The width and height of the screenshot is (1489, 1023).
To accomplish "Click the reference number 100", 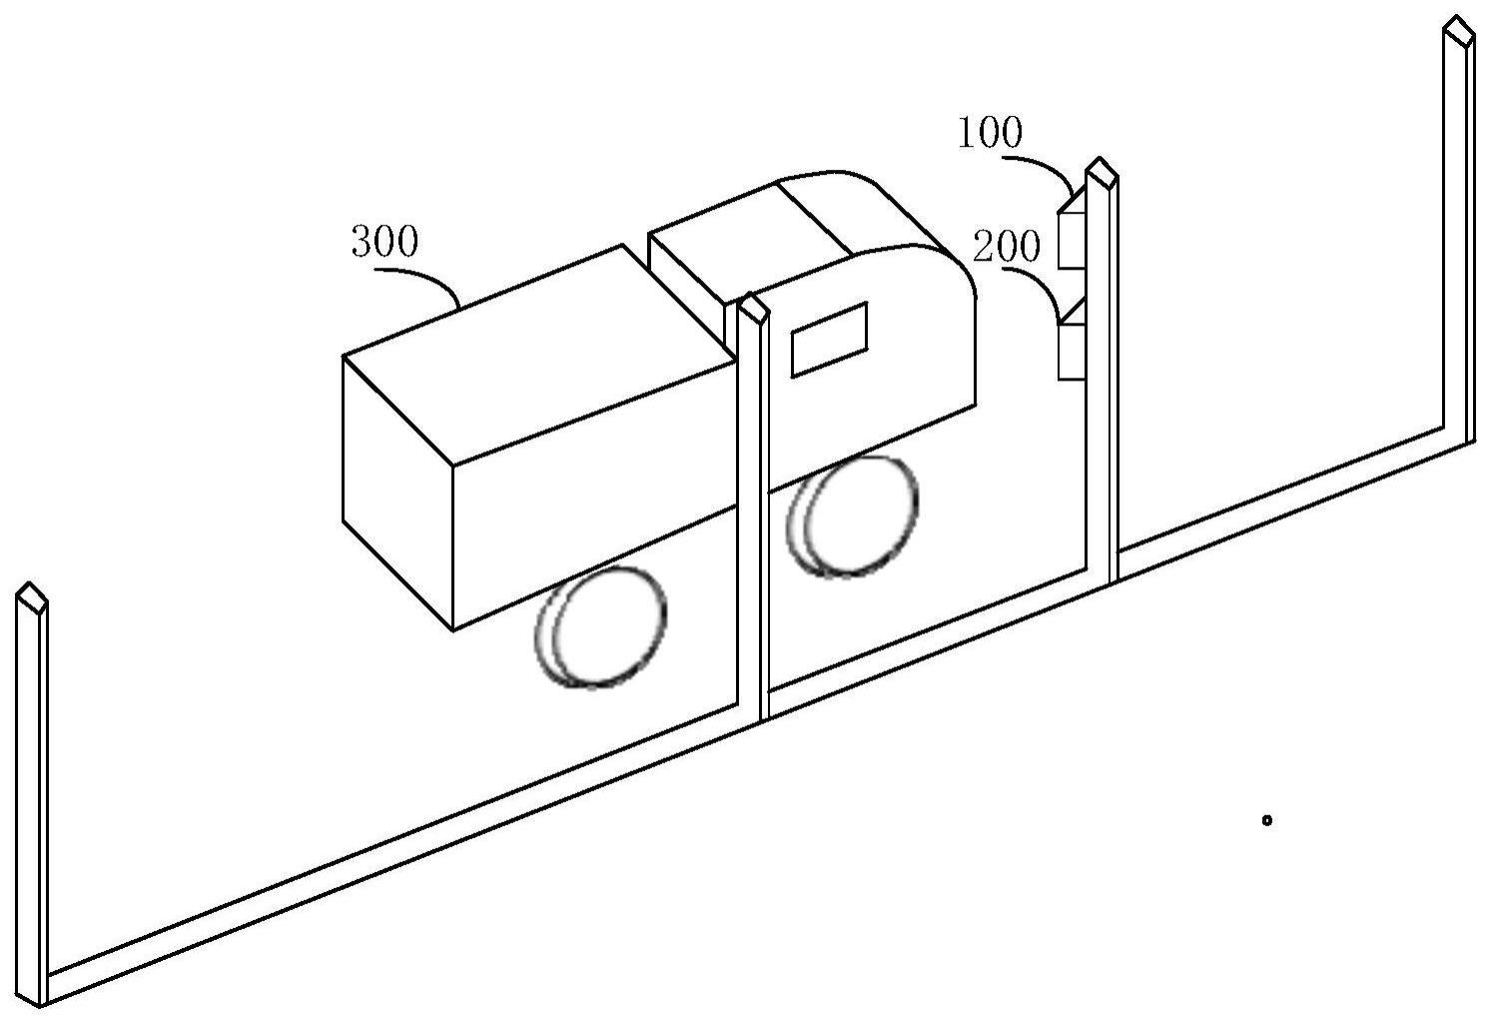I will coord(990,134).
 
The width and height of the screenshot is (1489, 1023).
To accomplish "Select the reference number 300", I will coord(384,243).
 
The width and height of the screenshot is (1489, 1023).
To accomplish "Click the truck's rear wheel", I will coord(602,626).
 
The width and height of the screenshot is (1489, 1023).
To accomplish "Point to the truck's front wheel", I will coord(854,515).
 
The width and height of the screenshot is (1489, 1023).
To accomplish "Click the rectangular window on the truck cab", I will coord(829,339).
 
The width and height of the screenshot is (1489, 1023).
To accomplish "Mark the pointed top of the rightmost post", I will coord(1459,29).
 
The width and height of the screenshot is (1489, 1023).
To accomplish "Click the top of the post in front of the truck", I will coord(753,308).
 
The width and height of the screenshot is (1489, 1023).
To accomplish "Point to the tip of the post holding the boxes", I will coord(1101,171).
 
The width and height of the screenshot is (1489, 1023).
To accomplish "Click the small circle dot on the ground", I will coord(1266,820).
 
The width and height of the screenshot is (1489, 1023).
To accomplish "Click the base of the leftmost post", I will coord(40,989).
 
